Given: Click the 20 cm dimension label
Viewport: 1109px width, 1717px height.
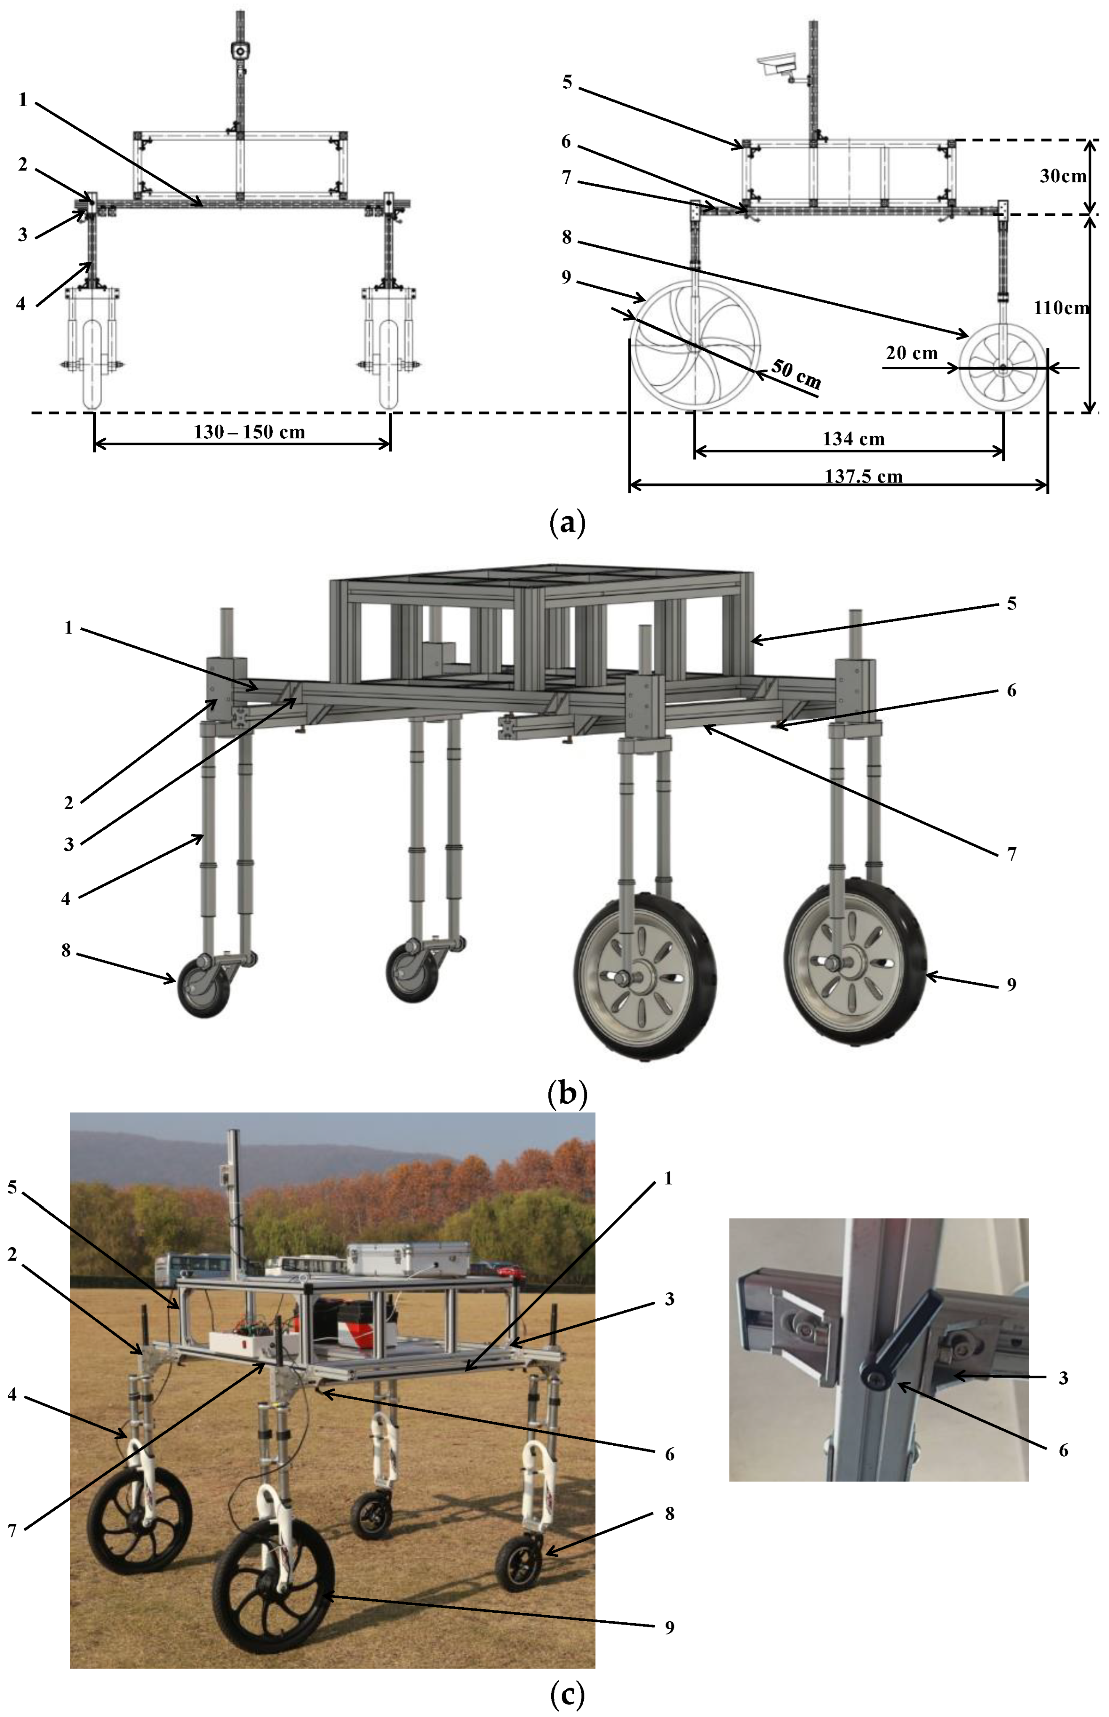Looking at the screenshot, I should pyautogui.click(x=912, y=353).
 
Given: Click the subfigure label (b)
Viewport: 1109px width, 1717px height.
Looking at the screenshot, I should pyautogui.click(x=567, y=1093).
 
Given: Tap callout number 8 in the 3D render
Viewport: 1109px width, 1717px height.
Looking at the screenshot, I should pyautogui.click(x=66, y=951).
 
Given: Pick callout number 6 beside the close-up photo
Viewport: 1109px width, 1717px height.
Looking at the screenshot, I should pyautogui.click(x=1063, y=1450).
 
